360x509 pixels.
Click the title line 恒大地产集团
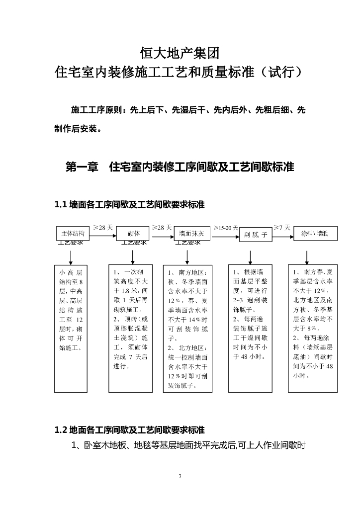180,52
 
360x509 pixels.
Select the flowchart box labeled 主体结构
73,233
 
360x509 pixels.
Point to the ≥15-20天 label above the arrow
226,227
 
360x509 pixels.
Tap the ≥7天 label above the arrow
281,227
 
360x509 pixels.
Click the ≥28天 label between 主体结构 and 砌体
103,227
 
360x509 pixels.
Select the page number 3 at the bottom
180,477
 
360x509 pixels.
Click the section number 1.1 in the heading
61,204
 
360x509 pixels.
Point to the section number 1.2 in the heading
61,429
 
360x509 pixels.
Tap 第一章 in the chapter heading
82,167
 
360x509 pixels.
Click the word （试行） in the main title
283,73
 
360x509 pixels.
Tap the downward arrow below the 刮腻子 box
249,256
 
